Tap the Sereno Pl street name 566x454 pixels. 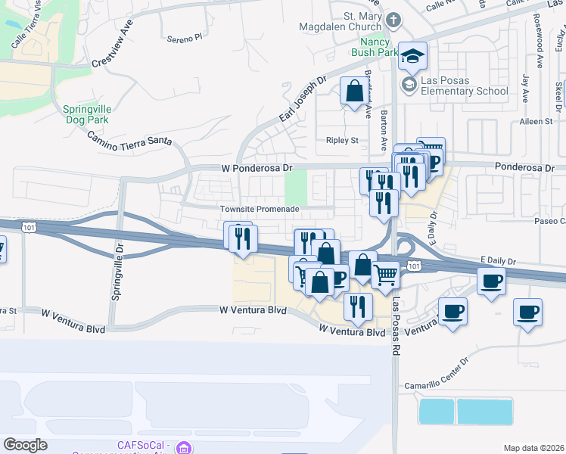click(x=186, y=36)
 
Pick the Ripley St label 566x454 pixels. click(x=343, y=140)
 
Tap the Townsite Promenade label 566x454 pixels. click(x=260, y=209)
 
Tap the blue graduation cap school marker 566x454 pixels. click(x=412, y=56)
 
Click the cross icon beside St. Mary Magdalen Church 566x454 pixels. click(x=393, y=20)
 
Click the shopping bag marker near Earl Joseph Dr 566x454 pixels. click(x=354, y=92)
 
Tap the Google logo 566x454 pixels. click(x=25, y=445)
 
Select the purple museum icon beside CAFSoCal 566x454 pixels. click(x=182, y=447)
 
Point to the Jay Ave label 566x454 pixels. click(x=524, y=80)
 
